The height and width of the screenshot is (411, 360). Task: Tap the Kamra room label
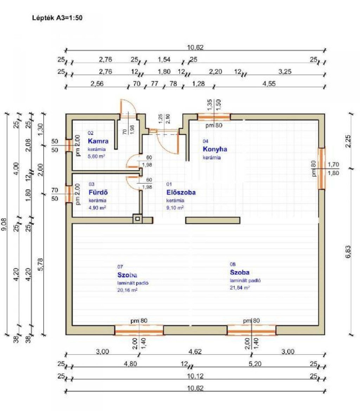coord(98,141)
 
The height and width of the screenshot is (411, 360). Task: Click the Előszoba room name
coord(181,193)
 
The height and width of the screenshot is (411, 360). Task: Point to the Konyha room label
coord(215,149)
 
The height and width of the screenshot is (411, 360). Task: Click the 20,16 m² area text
coord(127,290)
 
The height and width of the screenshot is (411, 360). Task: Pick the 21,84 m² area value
coord(240,287)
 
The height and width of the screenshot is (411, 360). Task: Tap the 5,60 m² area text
coord(97,156)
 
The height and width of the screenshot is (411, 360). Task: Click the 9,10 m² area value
coord(175,208)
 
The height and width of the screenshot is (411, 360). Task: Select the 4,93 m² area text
coord(97,208)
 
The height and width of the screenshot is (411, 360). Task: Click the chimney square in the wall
coord(137,219)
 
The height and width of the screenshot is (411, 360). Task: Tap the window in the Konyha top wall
coord(214,117)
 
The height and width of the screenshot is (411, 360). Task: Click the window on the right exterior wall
coord(321,169)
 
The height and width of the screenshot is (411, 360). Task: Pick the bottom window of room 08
coord(251,331)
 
